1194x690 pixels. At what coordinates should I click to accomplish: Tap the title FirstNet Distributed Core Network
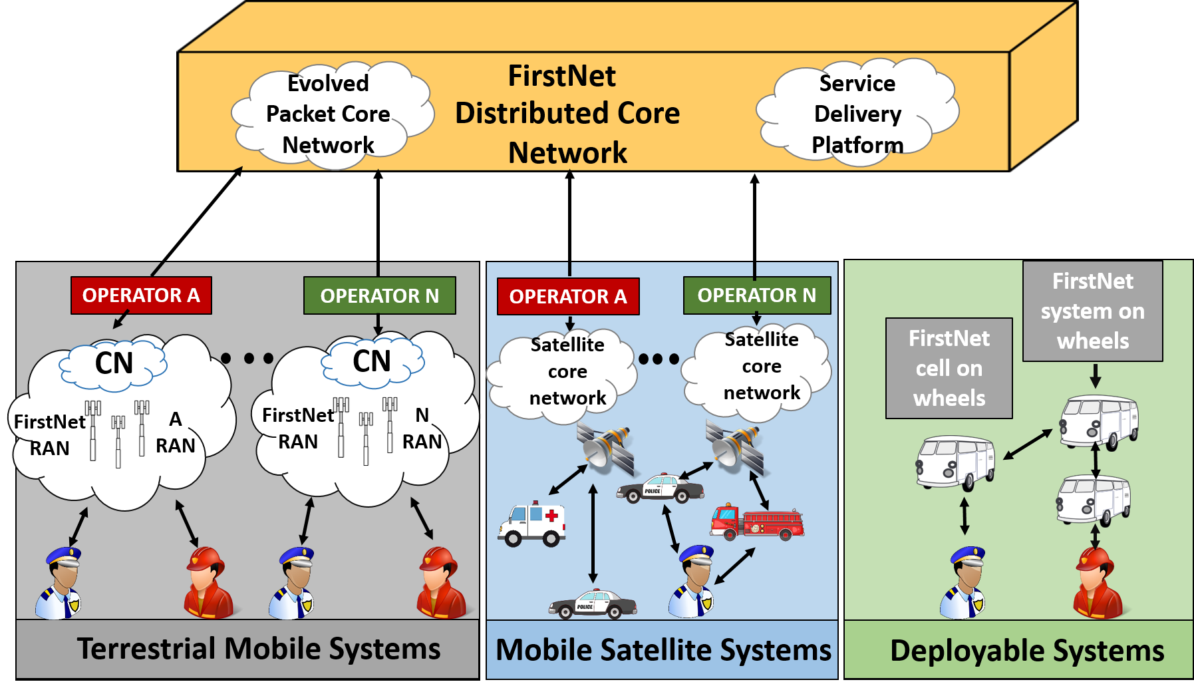point(567,114)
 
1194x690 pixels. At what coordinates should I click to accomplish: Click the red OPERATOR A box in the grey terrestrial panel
point(141,295)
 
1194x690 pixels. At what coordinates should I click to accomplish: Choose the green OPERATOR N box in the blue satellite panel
point(757,295)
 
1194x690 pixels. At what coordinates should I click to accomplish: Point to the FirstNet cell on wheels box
point(949,368)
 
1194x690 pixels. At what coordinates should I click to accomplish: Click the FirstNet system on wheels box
point(1093,311)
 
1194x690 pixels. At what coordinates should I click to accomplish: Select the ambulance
point(531,524)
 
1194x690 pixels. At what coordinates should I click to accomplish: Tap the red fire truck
point(757,521)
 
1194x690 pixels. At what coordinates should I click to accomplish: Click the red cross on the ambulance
point(551,515)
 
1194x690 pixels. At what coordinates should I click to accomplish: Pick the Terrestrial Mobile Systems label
point(259,649)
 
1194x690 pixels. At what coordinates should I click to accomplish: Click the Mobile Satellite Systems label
point(663,650)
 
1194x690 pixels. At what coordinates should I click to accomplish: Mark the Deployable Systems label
point(1027,651)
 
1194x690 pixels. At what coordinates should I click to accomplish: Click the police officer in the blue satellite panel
point(692,581)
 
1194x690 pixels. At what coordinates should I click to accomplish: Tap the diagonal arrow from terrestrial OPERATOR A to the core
point(197,222)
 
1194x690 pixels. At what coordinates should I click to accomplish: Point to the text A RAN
point(176,432)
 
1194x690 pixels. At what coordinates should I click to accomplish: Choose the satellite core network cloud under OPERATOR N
point(758,371)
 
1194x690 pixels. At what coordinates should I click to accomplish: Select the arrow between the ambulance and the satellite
point(568,479)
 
